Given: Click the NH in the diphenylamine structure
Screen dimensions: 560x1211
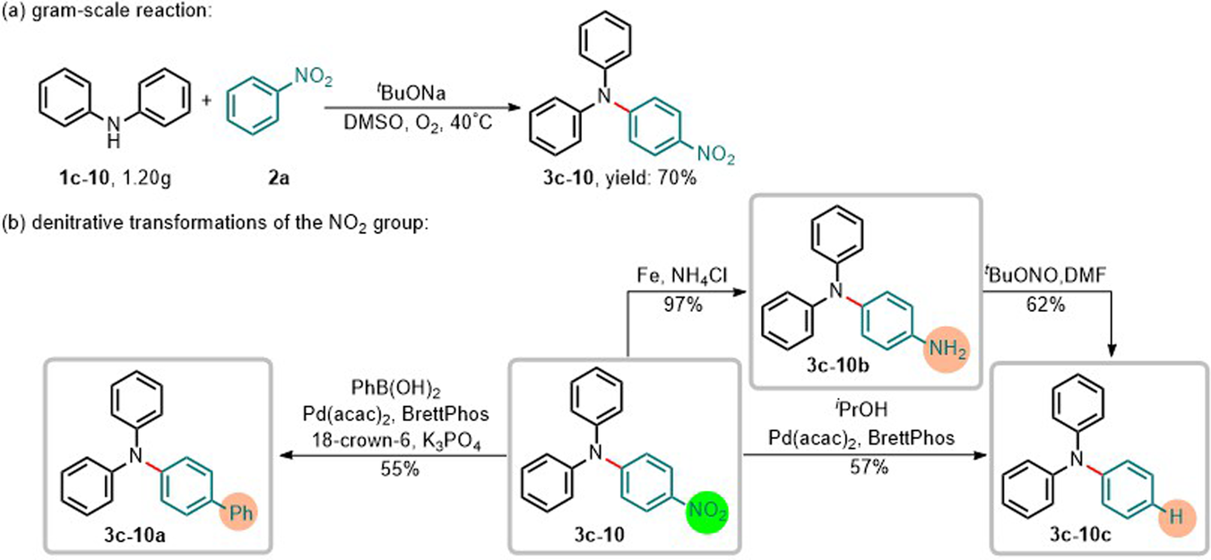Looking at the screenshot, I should [111, 134].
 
